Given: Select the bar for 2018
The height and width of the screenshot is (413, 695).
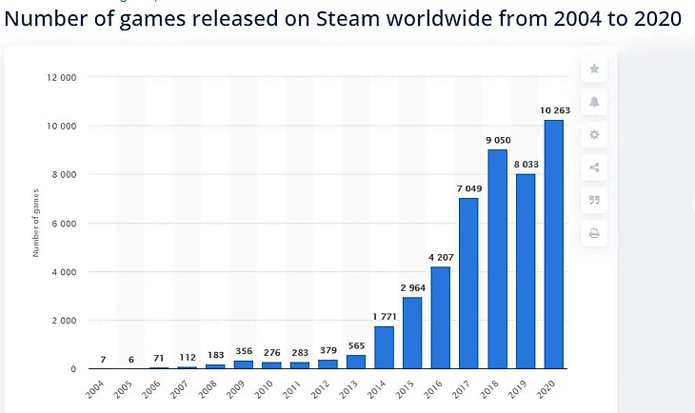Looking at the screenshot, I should tap(498, 259).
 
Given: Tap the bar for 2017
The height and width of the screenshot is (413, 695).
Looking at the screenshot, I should tap(469, 283).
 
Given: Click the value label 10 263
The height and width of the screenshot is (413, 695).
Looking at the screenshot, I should tap(554, 111).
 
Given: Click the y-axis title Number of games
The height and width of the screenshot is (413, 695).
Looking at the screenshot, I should tap(36, 224).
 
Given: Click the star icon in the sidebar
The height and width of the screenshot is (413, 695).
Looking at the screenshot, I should tap(594, 69).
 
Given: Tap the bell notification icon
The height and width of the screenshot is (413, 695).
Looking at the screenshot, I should tap(594, 102).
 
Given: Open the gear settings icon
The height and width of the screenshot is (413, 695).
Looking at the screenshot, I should tap(594, 135).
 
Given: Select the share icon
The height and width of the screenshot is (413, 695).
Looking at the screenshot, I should tap(594, 167).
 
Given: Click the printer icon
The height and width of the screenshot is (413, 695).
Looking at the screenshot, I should tap(594, 233).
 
